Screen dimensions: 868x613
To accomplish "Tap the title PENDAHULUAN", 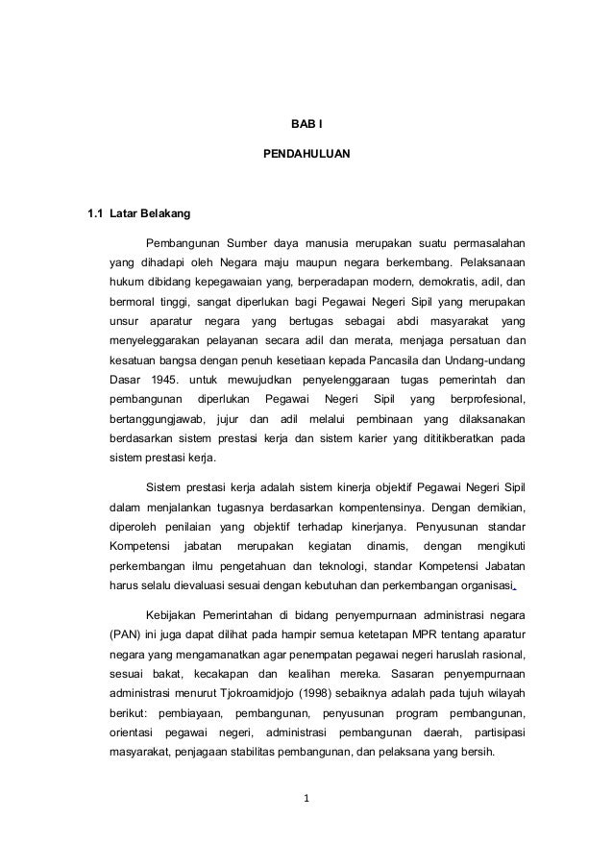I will point(306,153).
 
